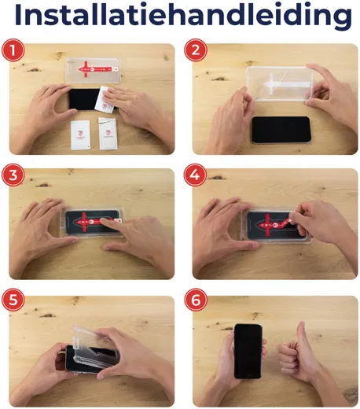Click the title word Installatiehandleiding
click(180, 17)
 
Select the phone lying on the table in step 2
click(281, 129)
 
